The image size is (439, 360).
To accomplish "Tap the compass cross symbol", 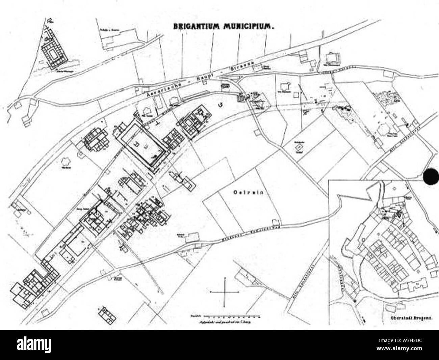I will [224, 291].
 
